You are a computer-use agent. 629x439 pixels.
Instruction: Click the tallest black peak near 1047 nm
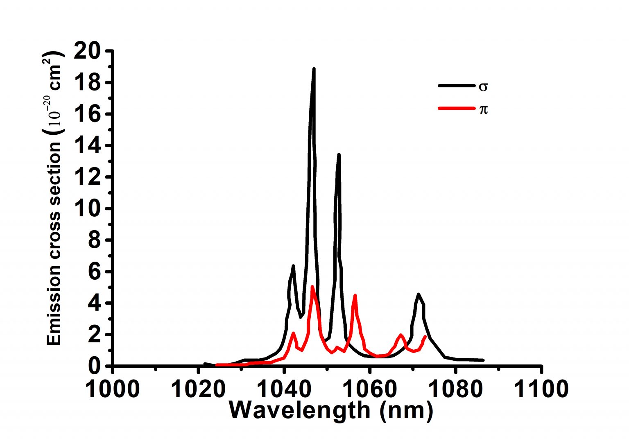point(314,70)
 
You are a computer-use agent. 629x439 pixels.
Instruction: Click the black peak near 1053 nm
point(339,155)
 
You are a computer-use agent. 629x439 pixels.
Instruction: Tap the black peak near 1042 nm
point(293,266)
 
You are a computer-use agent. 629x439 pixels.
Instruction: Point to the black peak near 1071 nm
point(418,294)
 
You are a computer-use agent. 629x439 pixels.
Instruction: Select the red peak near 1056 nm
point(355,295)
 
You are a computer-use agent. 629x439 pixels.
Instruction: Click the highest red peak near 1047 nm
point(312,287)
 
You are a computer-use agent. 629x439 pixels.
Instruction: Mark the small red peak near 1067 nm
point(401,335)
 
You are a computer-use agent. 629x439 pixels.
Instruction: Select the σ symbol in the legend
point(483,87)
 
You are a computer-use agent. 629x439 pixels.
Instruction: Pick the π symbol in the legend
point(483,109)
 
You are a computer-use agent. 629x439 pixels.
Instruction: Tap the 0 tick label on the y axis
point(95,366)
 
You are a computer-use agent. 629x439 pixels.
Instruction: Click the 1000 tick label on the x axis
point(112,389)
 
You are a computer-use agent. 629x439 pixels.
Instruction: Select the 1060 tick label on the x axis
point(370,389)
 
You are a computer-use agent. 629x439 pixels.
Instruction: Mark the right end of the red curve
point(425,337)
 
